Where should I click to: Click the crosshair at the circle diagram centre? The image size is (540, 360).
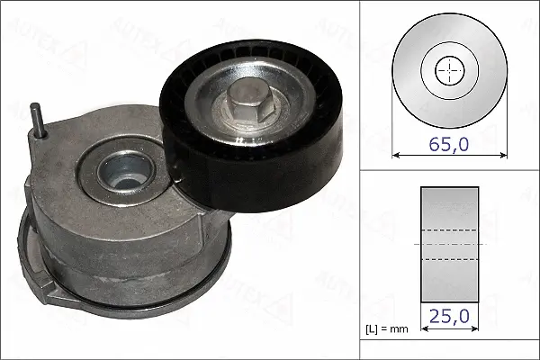448,70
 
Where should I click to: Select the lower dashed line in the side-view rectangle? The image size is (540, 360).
449,259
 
